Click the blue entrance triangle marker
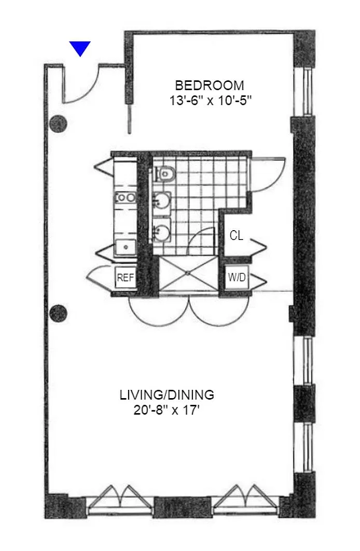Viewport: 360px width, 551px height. pos(80,48)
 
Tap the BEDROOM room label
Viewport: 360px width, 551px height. pos(210,86)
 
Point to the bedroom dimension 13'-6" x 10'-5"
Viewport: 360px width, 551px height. pos(211,101)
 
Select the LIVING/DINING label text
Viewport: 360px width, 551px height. pos(167,395)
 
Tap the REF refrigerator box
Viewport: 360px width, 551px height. pos(126,278)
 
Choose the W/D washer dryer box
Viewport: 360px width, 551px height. pos(237,278)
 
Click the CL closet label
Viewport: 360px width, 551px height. pos(236,235)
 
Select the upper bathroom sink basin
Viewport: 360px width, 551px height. pos(162,201)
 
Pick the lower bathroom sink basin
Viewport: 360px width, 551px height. pos(162,231)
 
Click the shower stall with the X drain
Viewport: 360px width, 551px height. pos(189,273)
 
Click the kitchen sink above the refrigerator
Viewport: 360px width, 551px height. pos(125,247)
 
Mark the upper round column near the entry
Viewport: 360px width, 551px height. pos(59,124)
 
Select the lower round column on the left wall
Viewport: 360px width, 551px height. pos(59,312)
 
